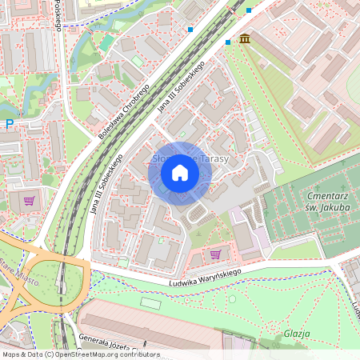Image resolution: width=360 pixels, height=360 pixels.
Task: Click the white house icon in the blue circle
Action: point(180,173)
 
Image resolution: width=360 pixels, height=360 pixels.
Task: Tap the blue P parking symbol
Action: point(10,124)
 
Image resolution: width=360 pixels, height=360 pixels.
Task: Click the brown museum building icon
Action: point(244,38)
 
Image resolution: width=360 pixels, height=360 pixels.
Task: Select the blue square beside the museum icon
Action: point(229,42)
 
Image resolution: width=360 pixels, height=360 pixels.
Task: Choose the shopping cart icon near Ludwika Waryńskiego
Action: point(214,254)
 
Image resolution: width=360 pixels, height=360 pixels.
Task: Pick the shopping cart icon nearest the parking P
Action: point(30,201)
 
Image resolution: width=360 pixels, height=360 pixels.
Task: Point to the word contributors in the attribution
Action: point(139,354)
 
